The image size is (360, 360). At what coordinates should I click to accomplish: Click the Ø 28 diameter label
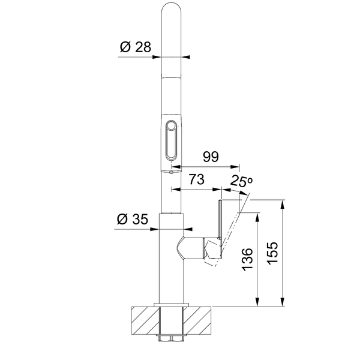(136, 47)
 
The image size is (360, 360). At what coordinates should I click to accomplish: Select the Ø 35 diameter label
(133, 219)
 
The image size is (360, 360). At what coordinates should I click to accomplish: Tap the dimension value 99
(211, 157)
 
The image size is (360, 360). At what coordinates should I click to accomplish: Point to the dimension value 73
(196, 179)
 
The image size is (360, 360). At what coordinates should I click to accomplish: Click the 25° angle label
(241, 181)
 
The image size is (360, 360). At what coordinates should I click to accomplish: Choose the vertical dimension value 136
(247, 259)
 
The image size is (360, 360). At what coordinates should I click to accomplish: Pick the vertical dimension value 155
(273, 253)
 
